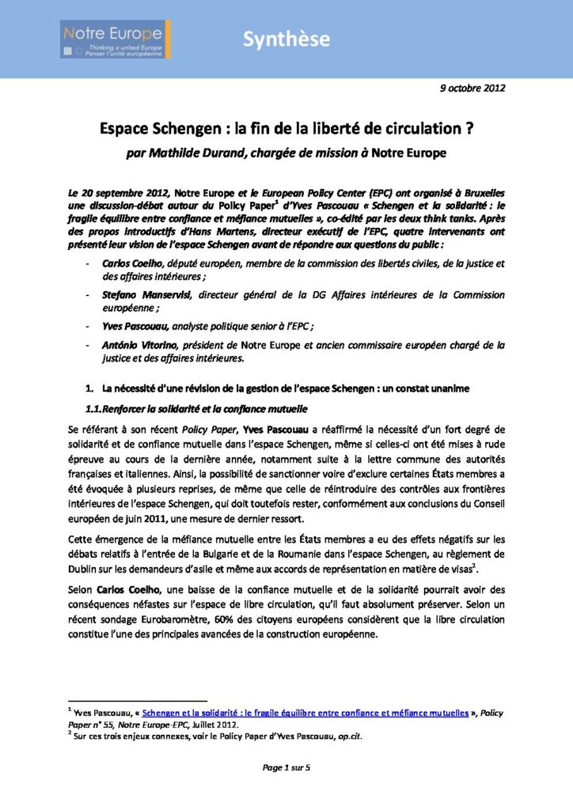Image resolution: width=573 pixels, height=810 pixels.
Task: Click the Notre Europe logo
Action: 117,39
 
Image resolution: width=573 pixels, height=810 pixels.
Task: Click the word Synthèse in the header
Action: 286,40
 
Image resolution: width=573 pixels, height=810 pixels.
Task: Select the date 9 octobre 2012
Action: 472,89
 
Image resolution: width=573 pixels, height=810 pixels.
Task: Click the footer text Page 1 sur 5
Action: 286,767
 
